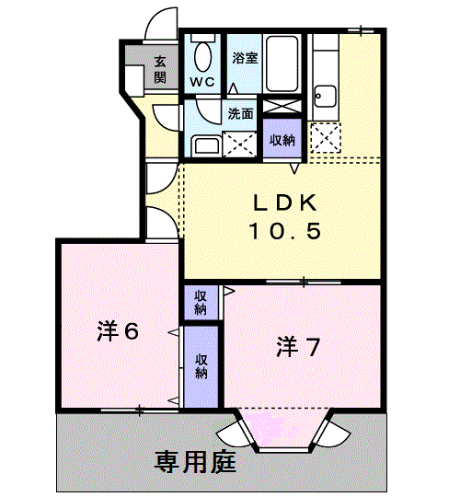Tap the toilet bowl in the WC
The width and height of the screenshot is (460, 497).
[201, 56]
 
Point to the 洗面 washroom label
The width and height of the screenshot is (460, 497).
[241, 115]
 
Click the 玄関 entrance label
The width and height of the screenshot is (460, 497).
[160, 69]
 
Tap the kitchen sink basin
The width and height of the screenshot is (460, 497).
[325, 96]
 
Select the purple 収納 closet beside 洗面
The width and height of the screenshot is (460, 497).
[282, 140]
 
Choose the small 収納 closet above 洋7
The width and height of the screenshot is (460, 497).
[201, 302]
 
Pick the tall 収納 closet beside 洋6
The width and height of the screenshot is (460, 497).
[201, 365]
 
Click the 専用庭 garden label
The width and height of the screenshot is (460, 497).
[196, 459]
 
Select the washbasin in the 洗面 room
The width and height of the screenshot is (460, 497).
[205, 144]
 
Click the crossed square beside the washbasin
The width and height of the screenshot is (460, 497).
[241, 143]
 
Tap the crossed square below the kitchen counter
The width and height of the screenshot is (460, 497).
[325, 137]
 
